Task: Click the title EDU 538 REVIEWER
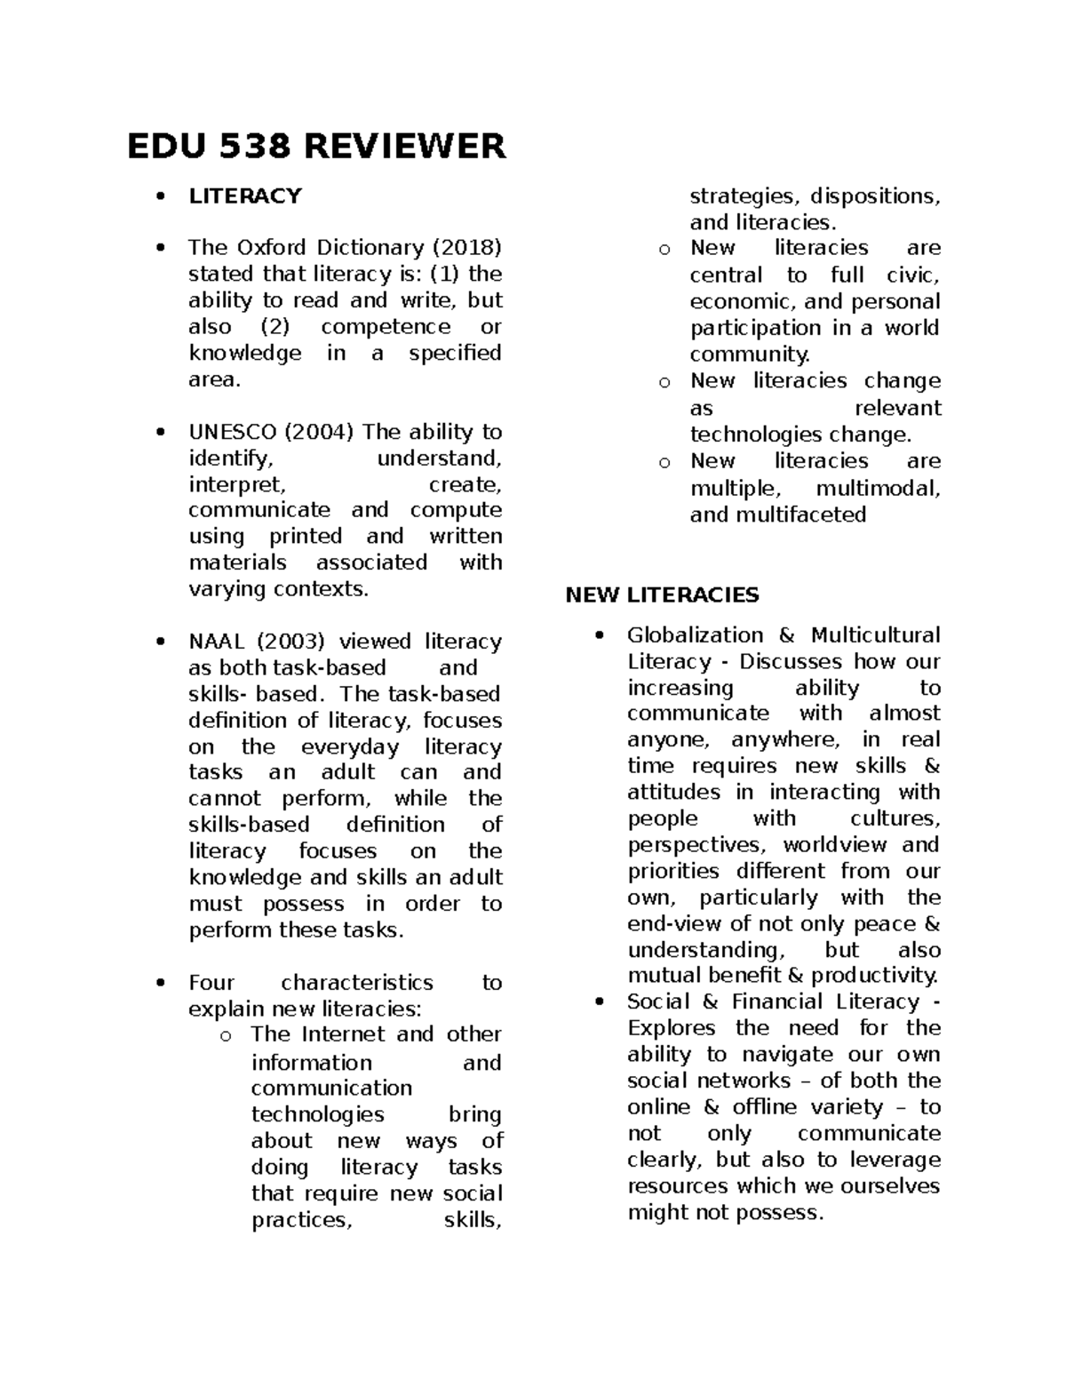316,147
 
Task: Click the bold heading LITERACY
245,196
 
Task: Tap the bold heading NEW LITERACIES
662,595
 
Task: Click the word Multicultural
875,635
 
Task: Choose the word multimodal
878,488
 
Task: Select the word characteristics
357,983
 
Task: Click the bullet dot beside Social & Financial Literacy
602,1002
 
